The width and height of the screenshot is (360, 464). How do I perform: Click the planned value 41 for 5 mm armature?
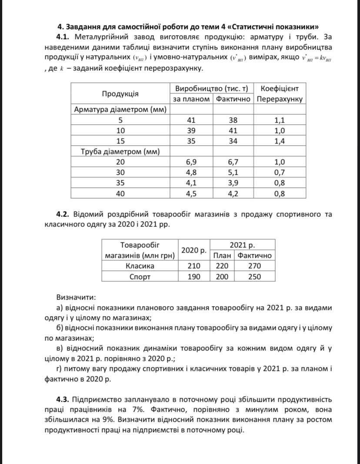pos(192,120)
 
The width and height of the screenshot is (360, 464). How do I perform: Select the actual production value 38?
pos(233,120)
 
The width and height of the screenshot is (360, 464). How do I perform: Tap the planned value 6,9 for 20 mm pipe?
pos(192,162)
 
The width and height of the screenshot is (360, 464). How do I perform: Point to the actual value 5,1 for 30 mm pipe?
pos(233,172)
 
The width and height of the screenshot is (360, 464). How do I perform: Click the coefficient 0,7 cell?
pos(280,172)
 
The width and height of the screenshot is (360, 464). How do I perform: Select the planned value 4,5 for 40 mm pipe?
pos(192,194)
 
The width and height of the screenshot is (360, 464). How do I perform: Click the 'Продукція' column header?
pos(120,94)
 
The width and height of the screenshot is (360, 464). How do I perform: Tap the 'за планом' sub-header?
pos(192,99)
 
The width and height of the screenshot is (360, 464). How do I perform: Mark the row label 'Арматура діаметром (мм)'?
pos(120,110)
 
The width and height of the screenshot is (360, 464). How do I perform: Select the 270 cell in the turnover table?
pos(255,266)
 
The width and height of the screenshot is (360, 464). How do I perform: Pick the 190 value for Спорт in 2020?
pos(194,277)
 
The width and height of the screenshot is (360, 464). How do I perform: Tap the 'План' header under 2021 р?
pos(223,255)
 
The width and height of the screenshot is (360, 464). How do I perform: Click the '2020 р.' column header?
pos(194,250)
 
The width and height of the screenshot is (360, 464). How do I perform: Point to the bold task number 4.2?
pos(63,214)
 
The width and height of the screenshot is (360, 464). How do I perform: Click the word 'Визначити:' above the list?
pos(75,297)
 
